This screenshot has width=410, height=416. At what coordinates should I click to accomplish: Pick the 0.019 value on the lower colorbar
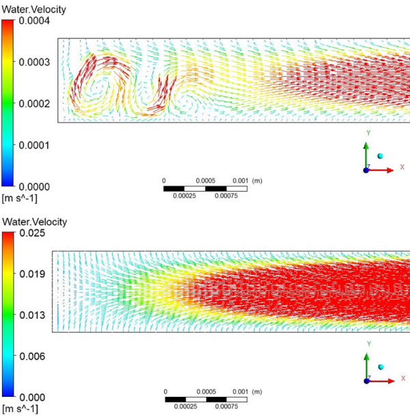click(x=30, y=274)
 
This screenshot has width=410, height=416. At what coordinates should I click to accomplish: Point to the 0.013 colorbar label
click(x=30, y=315)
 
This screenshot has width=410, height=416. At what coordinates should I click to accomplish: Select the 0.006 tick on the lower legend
click(x=30, y=356)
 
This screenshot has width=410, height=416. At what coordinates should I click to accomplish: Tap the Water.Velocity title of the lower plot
click(x=35, y=222)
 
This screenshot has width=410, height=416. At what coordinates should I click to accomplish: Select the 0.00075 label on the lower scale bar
click(x=227, y=406)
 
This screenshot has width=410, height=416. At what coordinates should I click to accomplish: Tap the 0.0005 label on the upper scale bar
click(x=206, y=181)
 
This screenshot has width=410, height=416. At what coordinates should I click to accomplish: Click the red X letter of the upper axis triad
click(x=402, y=167)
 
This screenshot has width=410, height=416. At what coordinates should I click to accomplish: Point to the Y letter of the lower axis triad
click(x=368, y=343)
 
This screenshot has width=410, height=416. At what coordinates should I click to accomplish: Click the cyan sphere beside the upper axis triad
click(x=381, y=156)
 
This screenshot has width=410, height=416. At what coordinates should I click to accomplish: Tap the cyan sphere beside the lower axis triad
click(x=381, y=367)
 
